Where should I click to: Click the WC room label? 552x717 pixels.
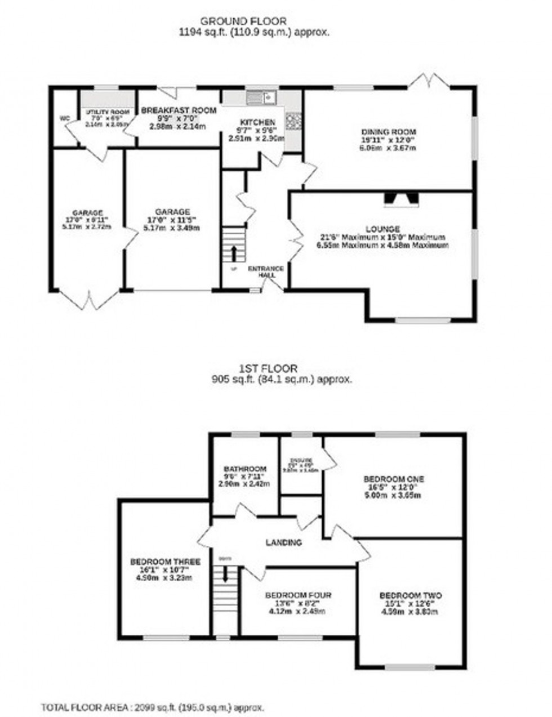[65, 118]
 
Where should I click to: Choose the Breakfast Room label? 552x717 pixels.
[178, 110]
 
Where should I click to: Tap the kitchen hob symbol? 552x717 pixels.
[294, 119]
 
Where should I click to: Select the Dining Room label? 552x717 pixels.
[389, 132]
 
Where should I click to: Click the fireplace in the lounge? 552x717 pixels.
[401, 198]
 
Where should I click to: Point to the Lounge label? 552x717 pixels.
[382, 229]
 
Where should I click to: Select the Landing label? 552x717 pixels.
[284, 543]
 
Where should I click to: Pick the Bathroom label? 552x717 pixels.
[244, 469]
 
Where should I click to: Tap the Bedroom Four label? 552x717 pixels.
[299, 595]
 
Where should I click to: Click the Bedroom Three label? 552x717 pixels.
[166, 562]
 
